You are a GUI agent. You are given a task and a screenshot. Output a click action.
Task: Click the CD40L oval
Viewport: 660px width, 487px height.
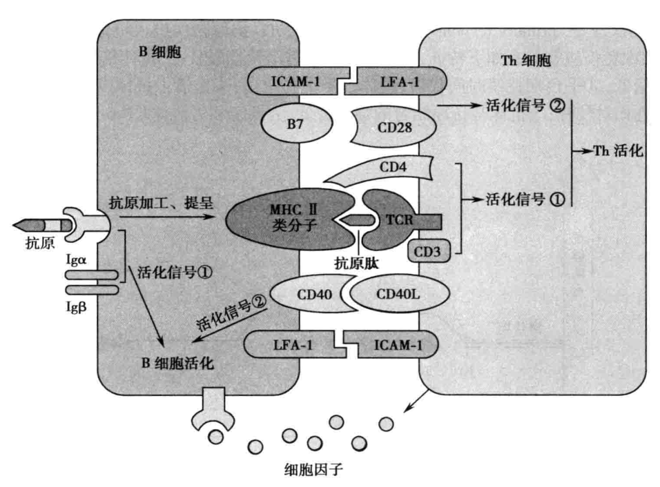pos(400,295)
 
